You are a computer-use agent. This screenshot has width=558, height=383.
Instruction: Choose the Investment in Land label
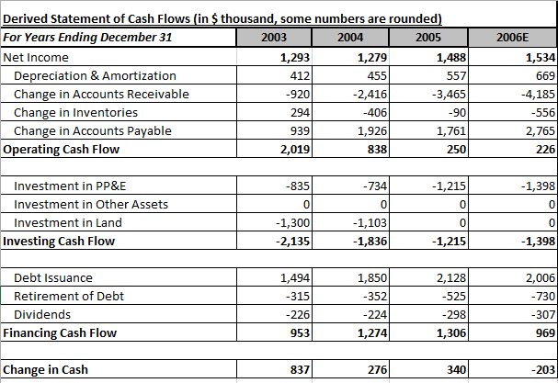tap(68, 222)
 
